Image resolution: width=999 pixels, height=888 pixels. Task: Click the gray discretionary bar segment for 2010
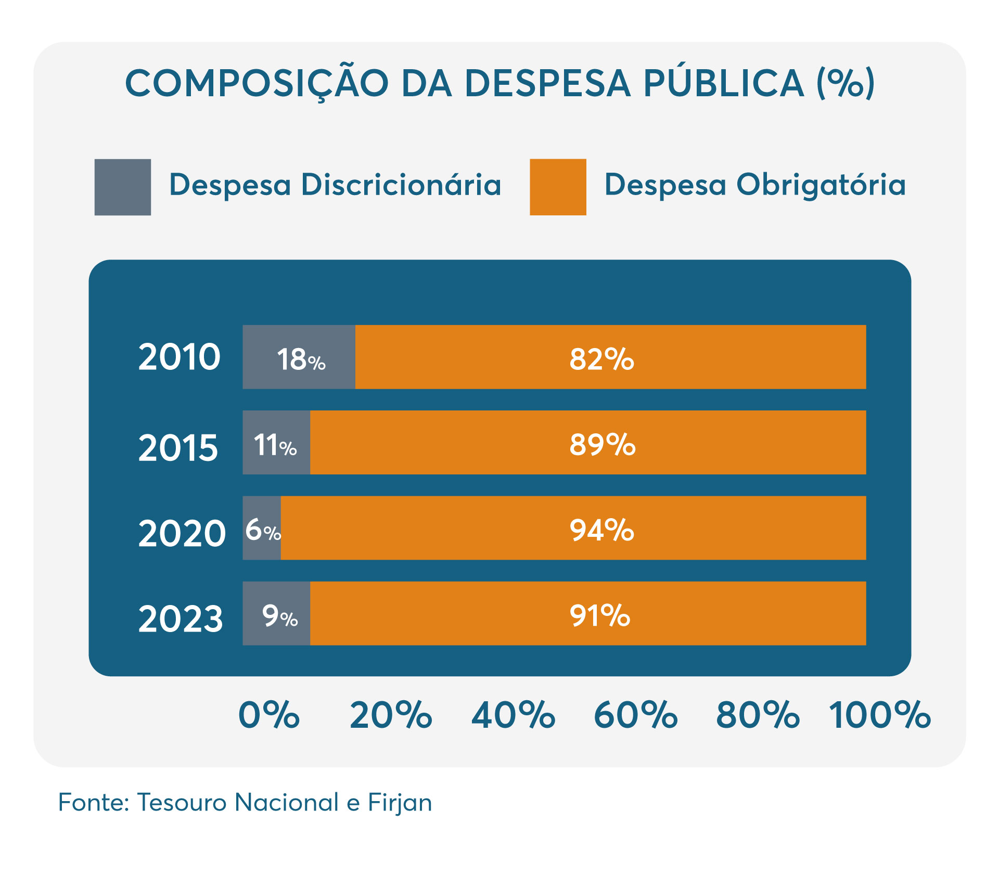(299, 357)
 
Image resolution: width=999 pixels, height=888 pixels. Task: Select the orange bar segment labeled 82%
(610, 357)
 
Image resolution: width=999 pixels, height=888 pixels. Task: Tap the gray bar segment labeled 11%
(276, 442)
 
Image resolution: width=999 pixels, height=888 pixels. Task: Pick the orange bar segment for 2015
(588, 442)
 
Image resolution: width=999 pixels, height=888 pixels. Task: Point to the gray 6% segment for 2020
(262, 527)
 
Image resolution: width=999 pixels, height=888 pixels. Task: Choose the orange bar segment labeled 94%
(573, 527)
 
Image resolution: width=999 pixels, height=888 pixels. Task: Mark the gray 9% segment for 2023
(276, 613)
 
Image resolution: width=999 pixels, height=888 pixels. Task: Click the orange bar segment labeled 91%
(588, 613)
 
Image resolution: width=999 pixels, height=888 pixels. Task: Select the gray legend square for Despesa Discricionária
(123, 187)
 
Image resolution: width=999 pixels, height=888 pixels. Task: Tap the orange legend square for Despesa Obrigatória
(558, 187)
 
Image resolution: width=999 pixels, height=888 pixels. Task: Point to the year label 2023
(181, 619)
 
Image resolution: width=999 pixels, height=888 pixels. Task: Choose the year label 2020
(182, 534)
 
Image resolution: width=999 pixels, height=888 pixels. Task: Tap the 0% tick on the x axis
(269, 715)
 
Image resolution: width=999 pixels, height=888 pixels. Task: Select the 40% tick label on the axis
(513, 715)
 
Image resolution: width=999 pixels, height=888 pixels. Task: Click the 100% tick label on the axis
(879, 715)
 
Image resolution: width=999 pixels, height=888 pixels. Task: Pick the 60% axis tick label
(635, 715)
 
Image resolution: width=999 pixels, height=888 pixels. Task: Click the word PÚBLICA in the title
(724, 83)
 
